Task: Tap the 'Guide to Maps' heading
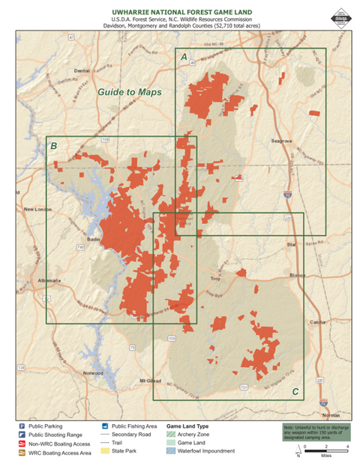coord(129,92)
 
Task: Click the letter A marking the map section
coord(184,57)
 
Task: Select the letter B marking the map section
coord(54,146)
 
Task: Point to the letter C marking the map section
coord(295,391)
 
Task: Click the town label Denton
coord(82,71)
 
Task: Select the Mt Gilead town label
coord(151,382)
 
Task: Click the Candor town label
coord(319,322)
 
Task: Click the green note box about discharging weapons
coord(315,431)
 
